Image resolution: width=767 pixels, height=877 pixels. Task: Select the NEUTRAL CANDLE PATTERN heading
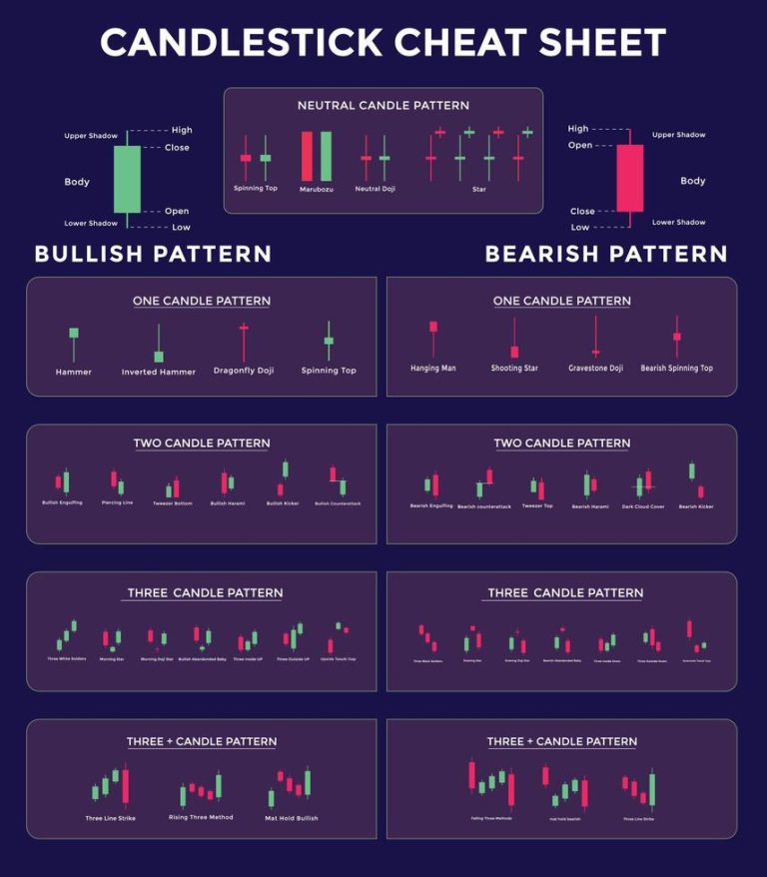(383, 105)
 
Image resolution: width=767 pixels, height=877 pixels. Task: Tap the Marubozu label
(315, 189)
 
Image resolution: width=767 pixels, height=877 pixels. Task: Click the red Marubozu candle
(307, 156)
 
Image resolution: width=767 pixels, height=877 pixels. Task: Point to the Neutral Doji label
(375, 189)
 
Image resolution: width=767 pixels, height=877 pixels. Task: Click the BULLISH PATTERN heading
(153, 254)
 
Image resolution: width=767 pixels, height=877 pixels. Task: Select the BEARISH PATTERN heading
(605, 254)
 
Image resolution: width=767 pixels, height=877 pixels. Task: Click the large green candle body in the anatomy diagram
(127, 179)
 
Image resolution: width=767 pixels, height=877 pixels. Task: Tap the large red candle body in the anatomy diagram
(629, 178)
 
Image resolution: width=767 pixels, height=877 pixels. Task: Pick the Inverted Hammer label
(158, 372)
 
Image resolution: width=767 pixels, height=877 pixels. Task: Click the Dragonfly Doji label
(243, 371)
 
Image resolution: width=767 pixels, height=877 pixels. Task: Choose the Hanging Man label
(432, 369)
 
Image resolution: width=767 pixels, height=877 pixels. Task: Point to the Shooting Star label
(514, 369)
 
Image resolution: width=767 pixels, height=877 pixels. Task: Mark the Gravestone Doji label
(595, 369)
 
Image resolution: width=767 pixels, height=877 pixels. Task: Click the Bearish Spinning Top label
(676, 369)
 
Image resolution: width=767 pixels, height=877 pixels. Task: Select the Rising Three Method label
(201, 817)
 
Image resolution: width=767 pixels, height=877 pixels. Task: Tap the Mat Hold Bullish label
(292, 818)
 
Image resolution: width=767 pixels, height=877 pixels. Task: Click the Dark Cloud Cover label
(643, 506)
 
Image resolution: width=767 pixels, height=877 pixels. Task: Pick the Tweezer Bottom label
(173, 503)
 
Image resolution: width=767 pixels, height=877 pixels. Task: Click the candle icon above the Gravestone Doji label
(595, 337)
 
